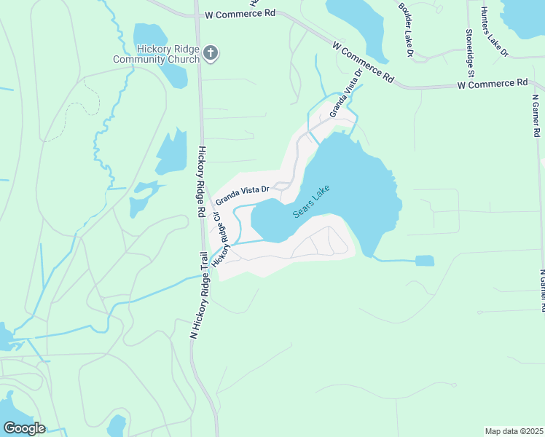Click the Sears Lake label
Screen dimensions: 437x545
click(x=311, y=202)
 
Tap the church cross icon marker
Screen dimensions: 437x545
click(x=211, y=52)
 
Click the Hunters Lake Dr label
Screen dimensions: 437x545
click(x=494, y=33)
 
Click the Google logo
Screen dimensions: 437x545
click(x=24, y=428)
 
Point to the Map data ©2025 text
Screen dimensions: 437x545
click(x=514, y=431)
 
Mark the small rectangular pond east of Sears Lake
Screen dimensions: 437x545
click(x=424, y=261)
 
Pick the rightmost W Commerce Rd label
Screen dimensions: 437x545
click(x=492, y=84)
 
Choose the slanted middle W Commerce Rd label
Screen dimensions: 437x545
click(x=362, y=61)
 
